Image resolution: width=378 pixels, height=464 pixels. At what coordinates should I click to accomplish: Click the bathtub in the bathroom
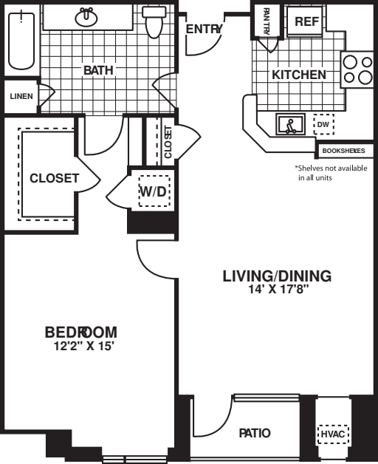[x=21, y=40]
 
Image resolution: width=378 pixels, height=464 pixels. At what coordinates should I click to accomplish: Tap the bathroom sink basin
[x=86, y=17]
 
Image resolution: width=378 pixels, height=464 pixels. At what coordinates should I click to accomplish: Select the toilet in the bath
[x=154, y=22]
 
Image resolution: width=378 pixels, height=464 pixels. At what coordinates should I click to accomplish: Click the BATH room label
[x=98, y=70]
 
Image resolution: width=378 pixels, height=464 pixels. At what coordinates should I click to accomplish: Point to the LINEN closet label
[x=21, y=96]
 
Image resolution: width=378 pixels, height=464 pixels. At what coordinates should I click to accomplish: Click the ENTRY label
[x=204, y=29]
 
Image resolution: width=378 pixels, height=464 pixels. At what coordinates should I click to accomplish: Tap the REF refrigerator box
[x=307, y=21]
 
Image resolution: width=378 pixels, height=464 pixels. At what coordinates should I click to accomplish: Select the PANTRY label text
[x=267, y=21]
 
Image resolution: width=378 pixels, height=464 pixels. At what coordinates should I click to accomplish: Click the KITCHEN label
[x=299, y=75]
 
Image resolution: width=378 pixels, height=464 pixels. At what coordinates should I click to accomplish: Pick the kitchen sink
[x=290, y=124]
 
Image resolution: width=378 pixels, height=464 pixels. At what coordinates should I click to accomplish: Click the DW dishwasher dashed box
[x=323, y=124]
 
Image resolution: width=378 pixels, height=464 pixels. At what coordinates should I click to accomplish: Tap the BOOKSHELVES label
[x=344, y=151]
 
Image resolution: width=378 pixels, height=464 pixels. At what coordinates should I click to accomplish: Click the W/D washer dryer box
[x=154, y=191]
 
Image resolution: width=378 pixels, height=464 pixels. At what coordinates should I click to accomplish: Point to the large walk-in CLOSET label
[x=55, y=178]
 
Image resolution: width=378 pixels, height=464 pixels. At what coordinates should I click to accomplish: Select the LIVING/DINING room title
[x=277, y=276]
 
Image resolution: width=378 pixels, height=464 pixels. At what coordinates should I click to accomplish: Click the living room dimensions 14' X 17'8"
[x=278, y=289]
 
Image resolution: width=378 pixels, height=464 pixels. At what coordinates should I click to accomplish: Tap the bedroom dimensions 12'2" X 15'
[x=83, y=346]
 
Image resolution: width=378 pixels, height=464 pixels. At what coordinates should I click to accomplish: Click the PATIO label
[x=255, y=433]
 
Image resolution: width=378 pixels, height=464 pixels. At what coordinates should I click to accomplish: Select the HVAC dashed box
[x=333, y=434]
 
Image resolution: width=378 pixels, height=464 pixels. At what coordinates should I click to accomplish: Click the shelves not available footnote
[x=331, y=173]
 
